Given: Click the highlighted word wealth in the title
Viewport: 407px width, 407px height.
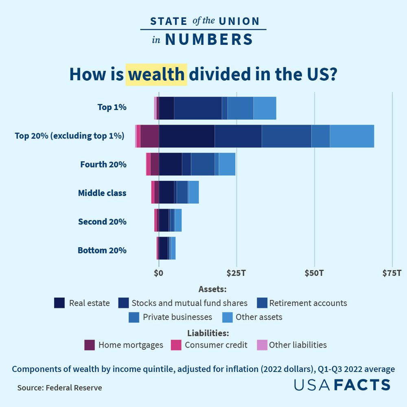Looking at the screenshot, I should [x=156, y=75].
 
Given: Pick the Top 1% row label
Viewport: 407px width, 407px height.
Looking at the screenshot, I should [x=112, y=108].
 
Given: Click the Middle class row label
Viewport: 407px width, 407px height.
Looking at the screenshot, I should [x=102, y=193].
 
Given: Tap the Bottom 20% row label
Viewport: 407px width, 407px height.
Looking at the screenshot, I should [x=102, y=250].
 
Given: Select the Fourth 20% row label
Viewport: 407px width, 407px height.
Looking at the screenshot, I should [x=103, y=165].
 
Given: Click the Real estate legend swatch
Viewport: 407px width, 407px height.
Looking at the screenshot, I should [x=59, y=303].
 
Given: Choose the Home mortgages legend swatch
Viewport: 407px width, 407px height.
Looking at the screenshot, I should [x=90, y=345].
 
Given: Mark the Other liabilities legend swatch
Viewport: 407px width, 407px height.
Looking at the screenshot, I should [x=262, y=345].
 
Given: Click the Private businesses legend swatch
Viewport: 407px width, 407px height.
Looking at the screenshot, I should [x=134, y=317].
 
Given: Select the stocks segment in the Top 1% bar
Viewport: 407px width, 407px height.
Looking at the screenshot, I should [x=198, y=108].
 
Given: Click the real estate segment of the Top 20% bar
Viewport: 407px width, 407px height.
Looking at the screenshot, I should [x=186, y=136].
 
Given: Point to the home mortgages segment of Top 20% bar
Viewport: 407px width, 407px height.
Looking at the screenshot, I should [x=149, y=136].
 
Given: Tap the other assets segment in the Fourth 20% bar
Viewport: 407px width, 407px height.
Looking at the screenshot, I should [x=227, y=165].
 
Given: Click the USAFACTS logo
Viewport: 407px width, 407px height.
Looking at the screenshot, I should [x=342, y=385].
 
